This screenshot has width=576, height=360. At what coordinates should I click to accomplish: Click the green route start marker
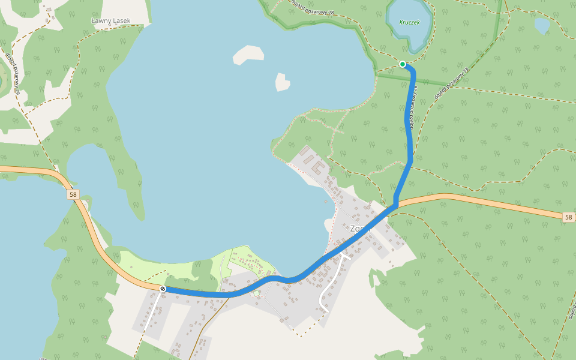click(403, 64)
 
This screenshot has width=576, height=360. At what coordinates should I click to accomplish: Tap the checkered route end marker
click(163, 289)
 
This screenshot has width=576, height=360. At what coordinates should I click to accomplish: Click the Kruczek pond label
click(409, 22)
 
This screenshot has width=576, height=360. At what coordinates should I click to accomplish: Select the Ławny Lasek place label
click(110, 21)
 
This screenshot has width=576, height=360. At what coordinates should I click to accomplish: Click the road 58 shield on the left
click(73, 194)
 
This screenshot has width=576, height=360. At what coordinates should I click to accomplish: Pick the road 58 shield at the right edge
click(568, 217)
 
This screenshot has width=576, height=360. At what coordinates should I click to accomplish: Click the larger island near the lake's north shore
click(248, 55)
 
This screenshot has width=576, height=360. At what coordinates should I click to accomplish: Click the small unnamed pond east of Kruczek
click(542, 25)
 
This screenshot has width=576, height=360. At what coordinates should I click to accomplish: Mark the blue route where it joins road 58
click(395, 206)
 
